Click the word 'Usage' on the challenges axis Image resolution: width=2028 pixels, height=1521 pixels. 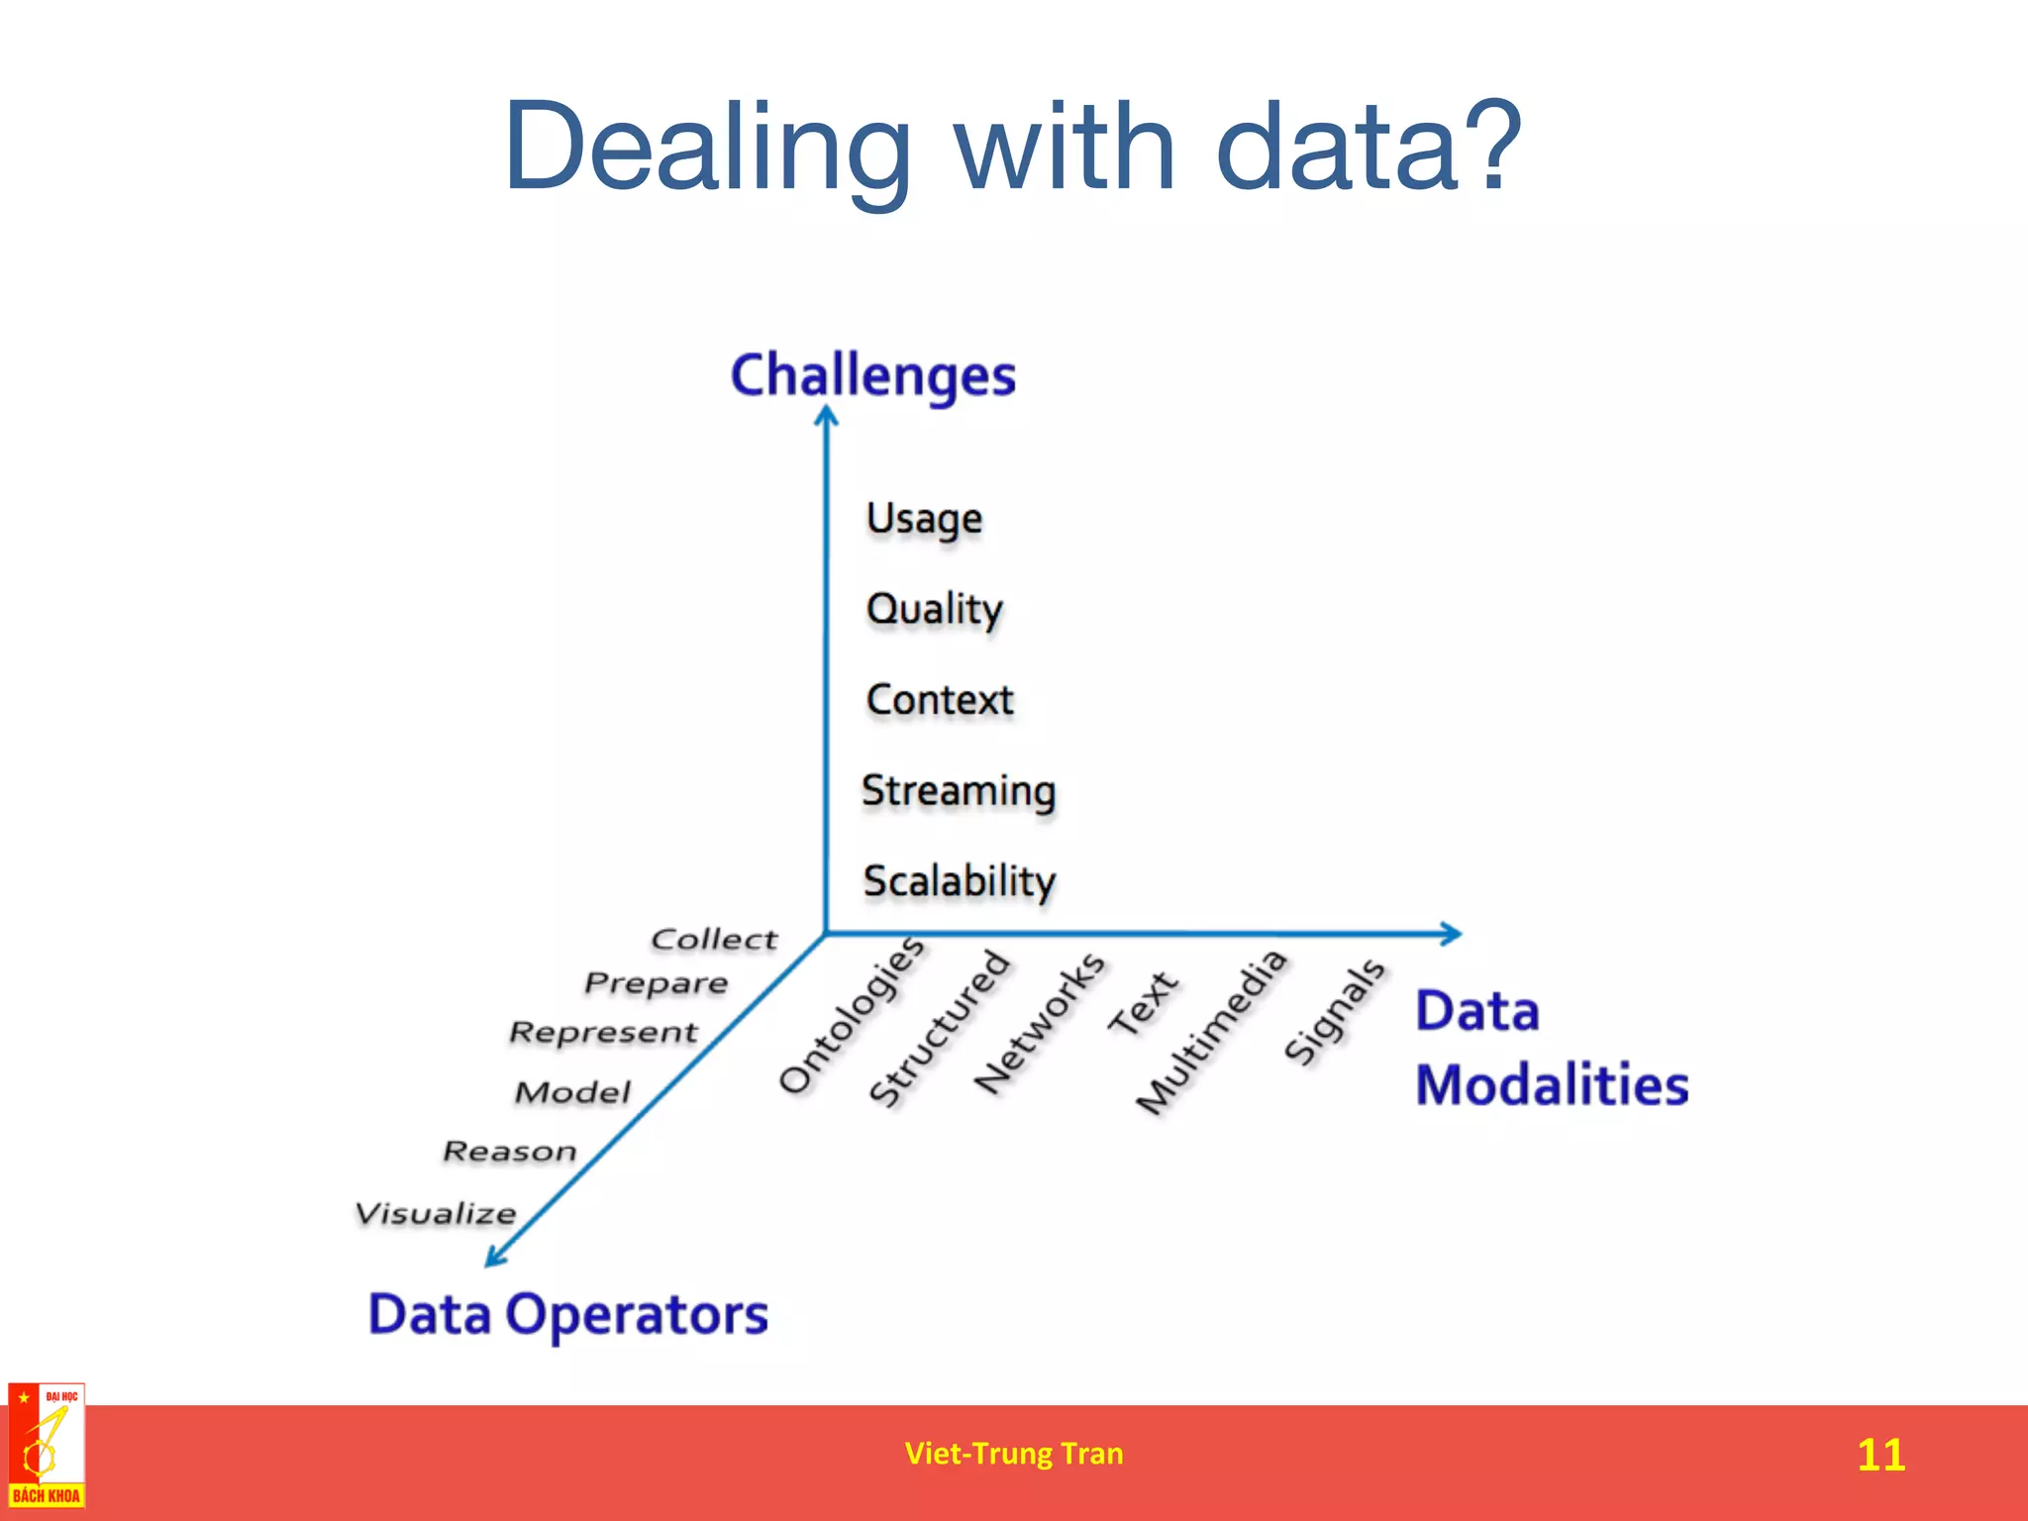[x=924, y=519]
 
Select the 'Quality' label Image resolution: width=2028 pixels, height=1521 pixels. [x=934, y=609]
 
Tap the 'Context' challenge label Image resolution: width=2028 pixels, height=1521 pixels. [x=940, y=700]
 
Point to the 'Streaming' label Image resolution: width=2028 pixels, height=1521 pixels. [x=959, y=791]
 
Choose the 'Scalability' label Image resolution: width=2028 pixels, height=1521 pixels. [x=960, y=881]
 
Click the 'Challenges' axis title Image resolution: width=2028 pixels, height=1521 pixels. [x=872, y=376]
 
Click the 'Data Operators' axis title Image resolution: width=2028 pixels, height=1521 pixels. [x=568, y=1315]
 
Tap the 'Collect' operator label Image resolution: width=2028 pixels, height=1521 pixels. [x=714, y=939]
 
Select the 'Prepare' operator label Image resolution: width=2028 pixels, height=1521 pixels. [x=656, y=983]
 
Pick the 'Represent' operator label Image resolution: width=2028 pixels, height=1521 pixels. [x=603, y=1032]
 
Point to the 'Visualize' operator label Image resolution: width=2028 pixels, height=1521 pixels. [x=436, y=1213]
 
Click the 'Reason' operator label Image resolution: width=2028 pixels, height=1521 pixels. [x=509, y=1151]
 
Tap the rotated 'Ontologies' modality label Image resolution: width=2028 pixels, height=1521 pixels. [x=852, y=1014]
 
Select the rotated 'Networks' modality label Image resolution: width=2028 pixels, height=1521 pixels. [x=1039, y=1023]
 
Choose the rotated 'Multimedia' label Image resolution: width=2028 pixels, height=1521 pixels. [x=1211, y=1031]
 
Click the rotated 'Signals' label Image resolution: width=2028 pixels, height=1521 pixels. [x=1334, y=1011]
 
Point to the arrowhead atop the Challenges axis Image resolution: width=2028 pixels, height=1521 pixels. [x=827, y=417]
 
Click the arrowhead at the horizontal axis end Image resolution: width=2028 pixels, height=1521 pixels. [x=1451, y=933]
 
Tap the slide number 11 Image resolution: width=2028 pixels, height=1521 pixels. [x=1880, y=1455]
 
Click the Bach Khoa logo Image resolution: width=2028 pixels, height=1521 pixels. [x=47, y=1446]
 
